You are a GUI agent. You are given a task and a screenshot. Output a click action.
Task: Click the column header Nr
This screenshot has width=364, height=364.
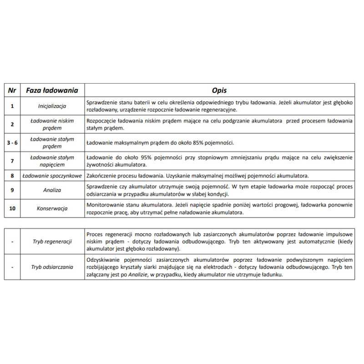(12, 90)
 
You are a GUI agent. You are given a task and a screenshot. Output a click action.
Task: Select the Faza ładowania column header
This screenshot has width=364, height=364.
(52, 90)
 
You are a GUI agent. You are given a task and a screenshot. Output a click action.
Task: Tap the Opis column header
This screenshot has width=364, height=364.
(219, 90)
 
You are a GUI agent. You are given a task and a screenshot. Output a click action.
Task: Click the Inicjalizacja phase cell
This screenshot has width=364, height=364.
(52, 106)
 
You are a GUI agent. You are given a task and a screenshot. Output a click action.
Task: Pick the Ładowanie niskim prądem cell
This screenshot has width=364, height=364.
(52, 124)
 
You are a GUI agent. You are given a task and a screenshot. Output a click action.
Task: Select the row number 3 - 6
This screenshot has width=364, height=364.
(12, 142)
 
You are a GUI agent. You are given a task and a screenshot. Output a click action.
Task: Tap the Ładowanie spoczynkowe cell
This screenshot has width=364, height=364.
(52, 175)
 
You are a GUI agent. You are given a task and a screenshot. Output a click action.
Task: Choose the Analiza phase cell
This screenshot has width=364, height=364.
(52, 190)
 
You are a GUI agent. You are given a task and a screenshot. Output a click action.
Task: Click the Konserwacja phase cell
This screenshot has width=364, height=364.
(52, 208)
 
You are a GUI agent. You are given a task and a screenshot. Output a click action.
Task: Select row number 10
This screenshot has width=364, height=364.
(12, 208)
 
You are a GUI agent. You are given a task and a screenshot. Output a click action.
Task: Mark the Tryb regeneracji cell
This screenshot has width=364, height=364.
(52, 242)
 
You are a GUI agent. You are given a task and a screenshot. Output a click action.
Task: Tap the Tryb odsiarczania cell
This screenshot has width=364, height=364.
(52, 267)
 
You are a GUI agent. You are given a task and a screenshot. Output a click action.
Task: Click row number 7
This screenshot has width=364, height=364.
(12, 161)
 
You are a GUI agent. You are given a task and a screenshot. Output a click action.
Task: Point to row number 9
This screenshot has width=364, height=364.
(12, 190)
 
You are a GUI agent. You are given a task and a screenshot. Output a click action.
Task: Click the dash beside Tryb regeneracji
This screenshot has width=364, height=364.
(12, 242)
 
